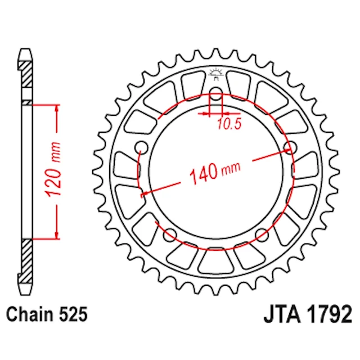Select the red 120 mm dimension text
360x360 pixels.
(53, 169)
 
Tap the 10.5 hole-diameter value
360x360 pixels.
(229, 124)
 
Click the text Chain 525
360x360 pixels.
(47, 314)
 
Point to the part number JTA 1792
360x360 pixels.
(308, 314)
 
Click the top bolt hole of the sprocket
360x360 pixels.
(216, 93)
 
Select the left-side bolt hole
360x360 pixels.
(141, 147)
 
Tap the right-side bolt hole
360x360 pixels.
(290, 147)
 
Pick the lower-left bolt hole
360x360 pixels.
(170, 235)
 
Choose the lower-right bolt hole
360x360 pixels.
(262, 235)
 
